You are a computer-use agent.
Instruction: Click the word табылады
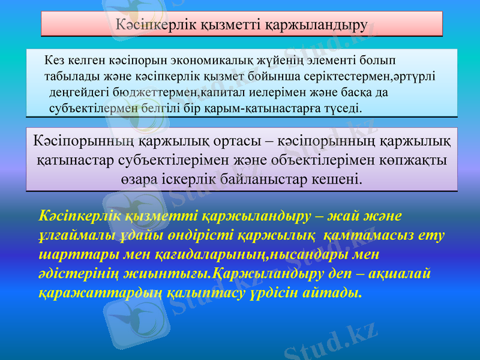[70, 77]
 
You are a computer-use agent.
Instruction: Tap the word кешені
[338, 179]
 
